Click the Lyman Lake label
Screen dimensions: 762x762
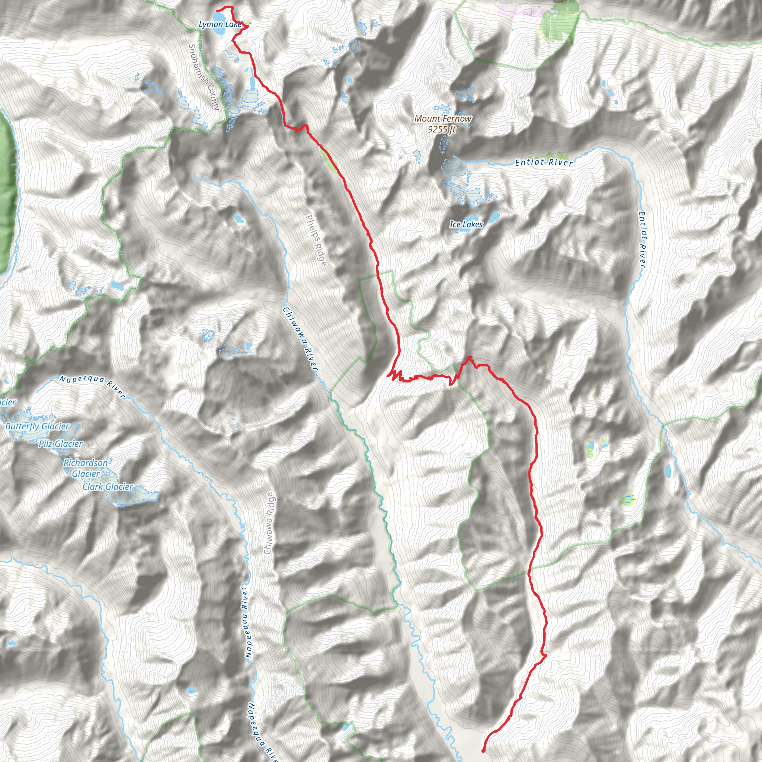220,25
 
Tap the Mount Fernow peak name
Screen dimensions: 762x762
442,118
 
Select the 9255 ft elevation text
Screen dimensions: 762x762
442,129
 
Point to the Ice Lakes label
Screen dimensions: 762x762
466,224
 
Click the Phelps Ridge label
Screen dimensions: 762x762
316,240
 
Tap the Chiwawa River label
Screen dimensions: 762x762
300,339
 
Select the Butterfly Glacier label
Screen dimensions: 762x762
37,426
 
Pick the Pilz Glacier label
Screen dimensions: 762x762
60,444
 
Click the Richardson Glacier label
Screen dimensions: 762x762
86,468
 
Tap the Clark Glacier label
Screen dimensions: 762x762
108,487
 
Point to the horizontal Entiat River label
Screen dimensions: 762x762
544,162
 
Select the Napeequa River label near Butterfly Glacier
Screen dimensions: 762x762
92,386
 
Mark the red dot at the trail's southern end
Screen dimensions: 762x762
483,750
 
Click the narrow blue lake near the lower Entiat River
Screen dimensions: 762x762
668,470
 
